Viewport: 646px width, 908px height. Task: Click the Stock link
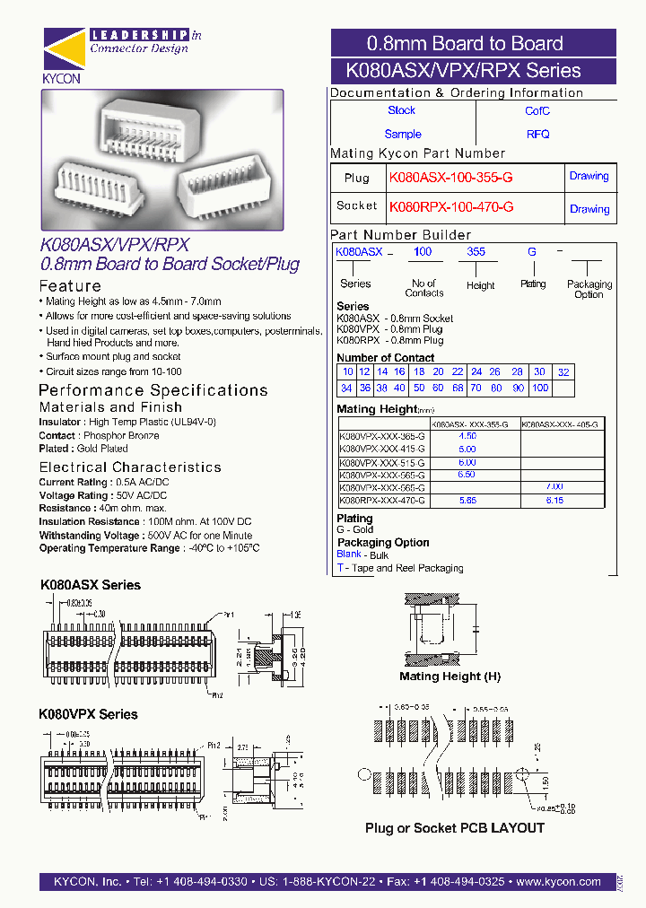[401, 110]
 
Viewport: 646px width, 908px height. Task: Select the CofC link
[537, 111]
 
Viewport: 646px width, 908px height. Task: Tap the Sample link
[403, 134]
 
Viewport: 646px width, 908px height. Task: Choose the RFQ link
[537, 135]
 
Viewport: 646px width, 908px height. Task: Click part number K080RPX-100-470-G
[451, 207]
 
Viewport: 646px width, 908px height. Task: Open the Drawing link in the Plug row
[589, 177]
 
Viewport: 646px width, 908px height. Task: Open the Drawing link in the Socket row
[589, 209]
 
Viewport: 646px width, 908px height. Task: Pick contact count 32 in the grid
[563, 372]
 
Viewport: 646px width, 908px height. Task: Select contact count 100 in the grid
[539, 388]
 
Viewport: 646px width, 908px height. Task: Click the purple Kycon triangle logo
[62, 50]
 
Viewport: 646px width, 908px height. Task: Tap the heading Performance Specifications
[153, 390]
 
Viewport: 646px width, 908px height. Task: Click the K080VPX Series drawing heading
[88, 714]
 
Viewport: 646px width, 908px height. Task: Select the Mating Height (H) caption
[450, 677]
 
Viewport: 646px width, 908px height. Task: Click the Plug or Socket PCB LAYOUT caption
[454, 828]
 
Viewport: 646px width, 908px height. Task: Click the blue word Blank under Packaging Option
[349, 554]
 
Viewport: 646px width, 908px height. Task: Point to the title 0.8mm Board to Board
[465, 43]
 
